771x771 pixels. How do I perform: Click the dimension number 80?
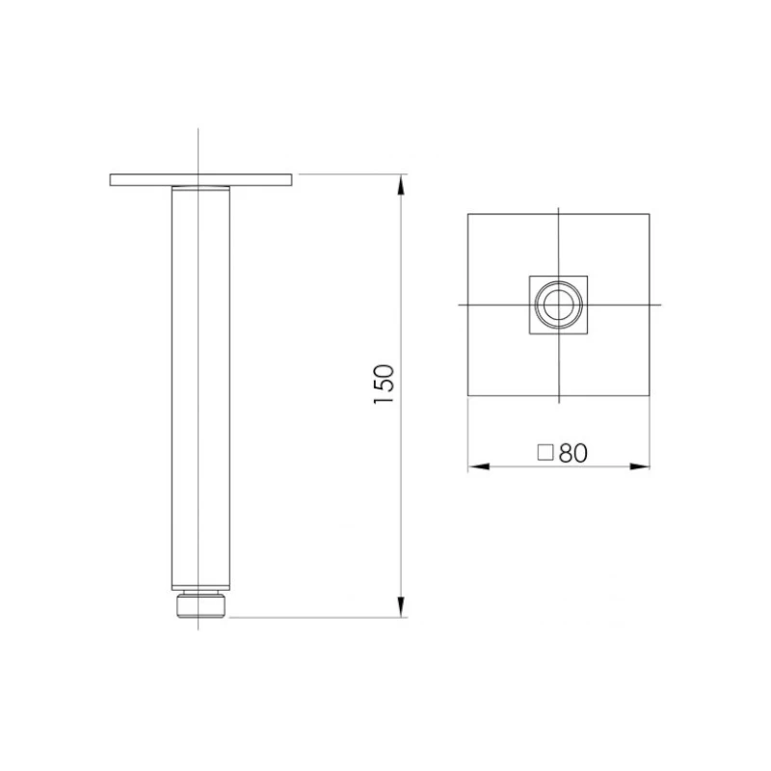click(572, 453)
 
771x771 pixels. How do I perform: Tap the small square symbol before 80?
click(545, 453)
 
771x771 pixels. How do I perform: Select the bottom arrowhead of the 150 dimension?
click(402, 607)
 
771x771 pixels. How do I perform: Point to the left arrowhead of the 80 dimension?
click(475, 467)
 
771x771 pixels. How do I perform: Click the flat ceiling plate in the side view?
click(200, 178)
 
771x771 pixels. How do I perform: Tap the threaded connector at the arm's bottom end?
click(199, 603)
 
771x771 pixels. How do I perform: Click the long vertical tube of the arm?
click(199, 385)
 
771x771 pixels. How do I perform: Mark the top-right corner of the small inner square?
click(586, 276)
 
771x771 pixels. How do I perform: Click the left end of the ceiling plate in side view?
click(112, 178)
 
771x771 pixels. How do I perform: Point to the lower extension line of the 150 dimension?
click(318, 615)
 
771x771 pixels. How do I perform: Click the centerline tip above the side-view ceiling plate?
click(199, 130)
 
